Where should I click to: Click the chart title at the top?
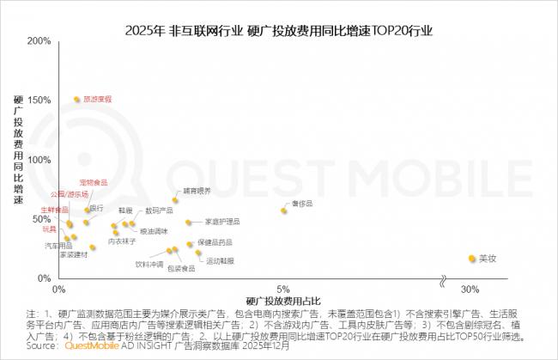(x=279, y=30)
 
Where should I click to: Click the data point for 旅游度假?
(x=76, y=100)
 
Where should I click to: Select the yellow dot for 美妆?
(x=472, y=258)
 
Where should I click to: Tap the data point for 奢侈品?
(x=284, y=211)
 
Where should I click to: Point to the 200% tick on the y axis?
(x=39, y=40)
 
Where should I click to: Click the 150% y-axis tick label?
(x=39, y=100)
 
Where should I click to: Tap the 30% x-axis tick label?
(x=470, y=287)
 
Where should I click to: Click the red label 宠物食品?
(x=94, y=182)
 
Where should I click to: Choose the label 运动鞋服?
(x=220, y=259)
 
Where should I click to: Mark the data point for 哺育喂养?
(x=175, y=200)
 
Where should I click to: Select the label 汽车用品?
(x=58, y=246)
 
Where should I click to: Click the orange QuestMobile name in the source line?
(x=84, y=350)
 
